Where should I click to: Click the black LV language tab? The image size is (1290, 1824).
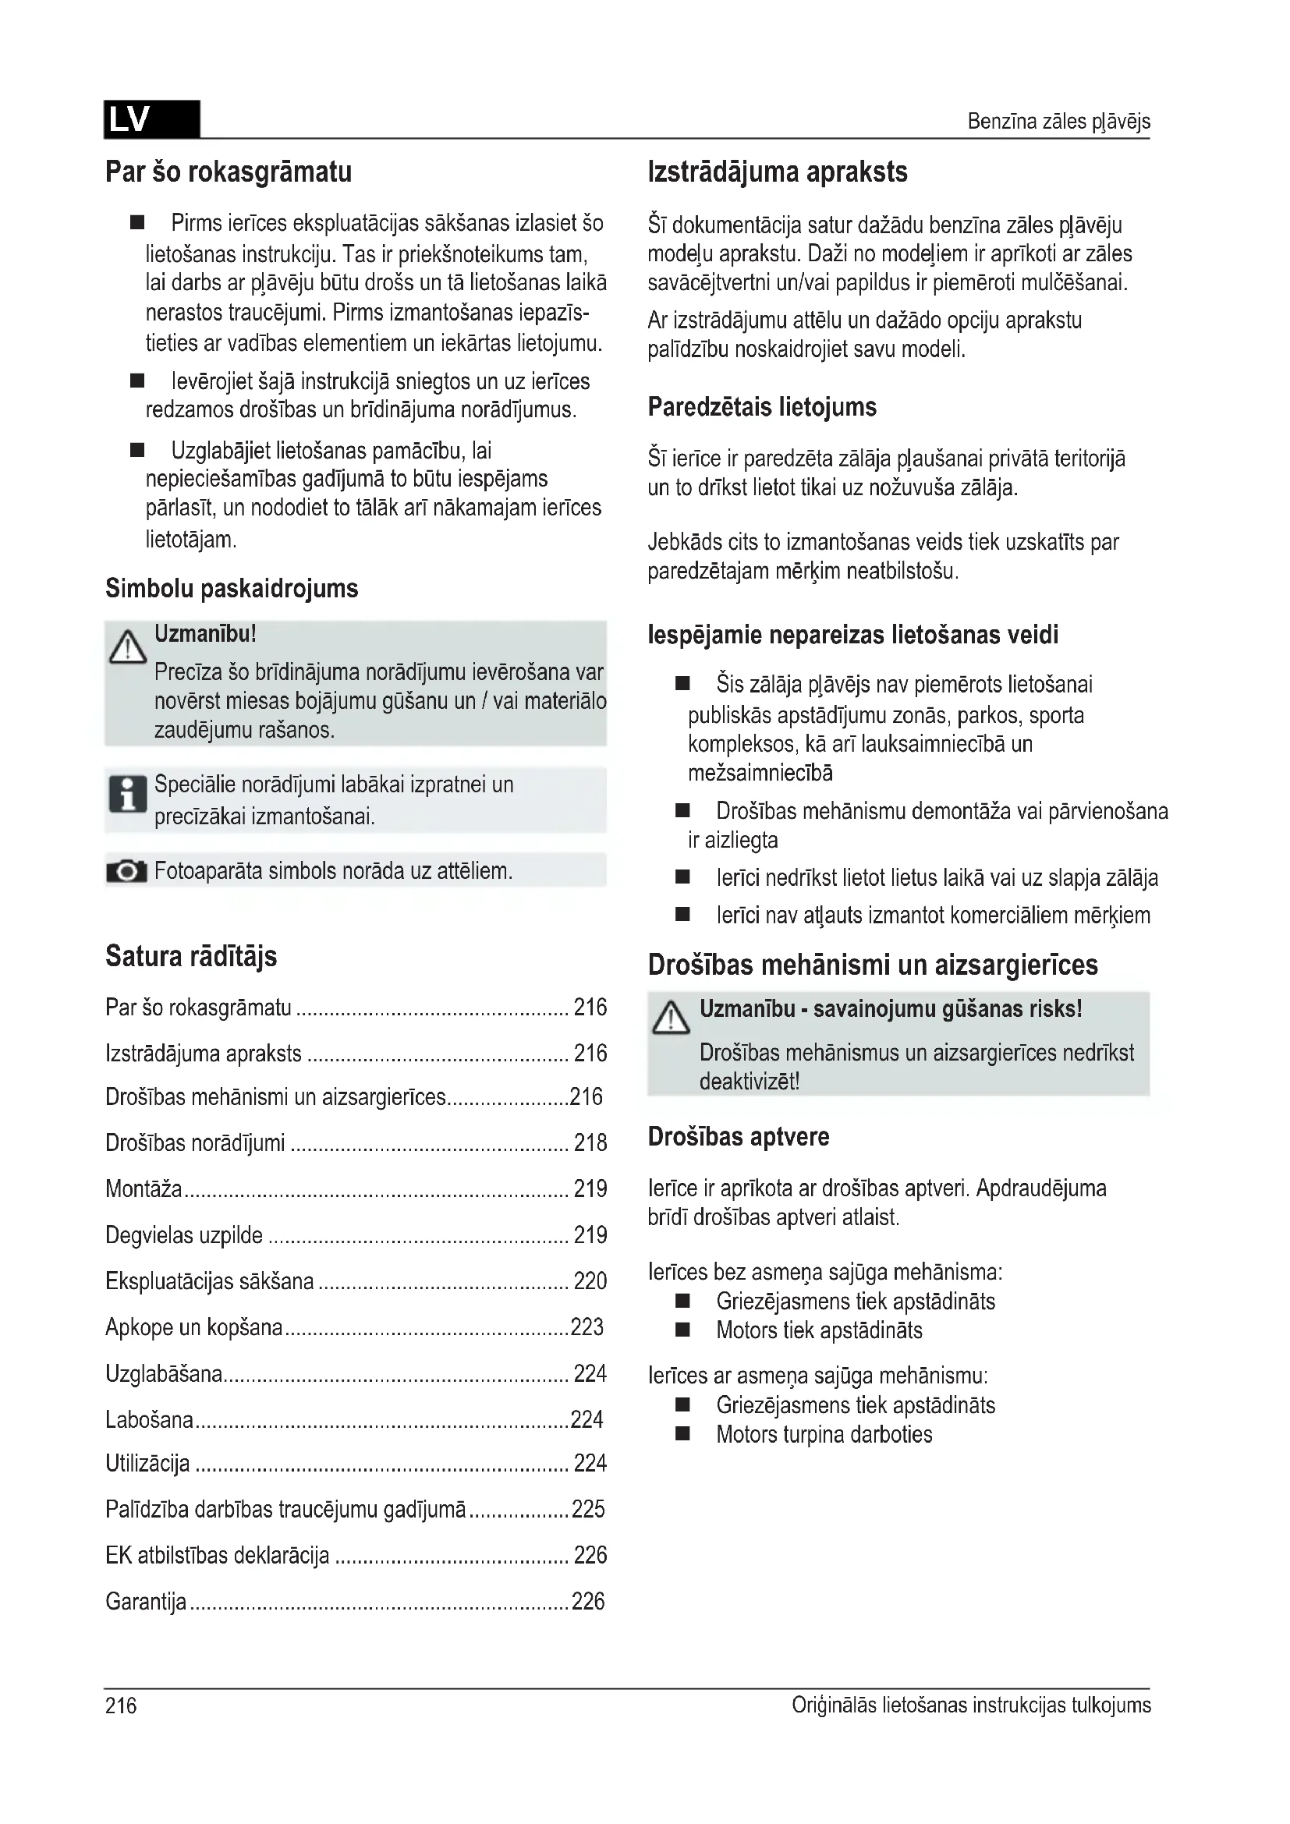pos(151,120)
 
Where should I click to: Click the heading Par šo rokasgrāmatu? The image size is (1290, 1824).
pos(229,172)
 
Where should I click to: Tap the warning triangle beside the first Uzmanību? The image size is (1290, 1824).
pos(127,647)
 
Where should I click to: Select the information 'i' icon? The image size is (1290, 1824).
pos(127,794)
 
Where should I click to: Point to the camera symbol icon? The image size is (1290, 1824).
pos(126,872)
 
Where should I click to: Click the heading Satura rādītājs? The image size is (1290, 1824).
pos(190,956)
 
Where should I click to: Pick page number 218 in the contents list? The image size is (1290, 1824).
pos(590,1142)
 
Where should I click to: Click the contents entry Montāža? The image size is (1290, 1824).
pos(144,1188)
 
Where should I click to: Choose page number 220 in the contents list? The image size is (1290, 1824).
pos(590,1280)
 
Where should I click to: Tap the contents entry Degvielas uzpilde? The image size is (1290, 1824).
pos(183,1234)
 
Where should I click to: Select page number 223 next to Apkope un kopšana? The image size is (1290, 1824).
pos(588,1326)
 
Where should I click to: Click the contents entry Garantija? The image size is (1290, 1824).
pos(145,1601)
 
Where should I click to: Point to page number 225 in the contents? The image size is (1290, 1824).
pos(588,1509)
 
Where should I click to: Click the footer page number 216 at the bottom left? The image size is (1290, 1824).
pos(121,1705)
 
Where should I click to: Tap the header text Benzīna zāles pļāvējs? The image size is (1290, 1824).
pos(1058,122)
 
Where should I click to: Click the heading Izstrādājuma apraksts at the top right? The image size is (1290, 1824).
pos(778,172)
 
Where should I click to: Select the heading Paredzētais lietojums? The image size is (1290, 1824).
pos(762,407)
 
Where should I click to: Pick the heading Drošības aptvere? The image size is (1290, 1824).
pos(738,1136)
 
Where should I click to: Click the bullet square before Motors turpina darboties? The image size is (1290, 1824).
pos(682,1434)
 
